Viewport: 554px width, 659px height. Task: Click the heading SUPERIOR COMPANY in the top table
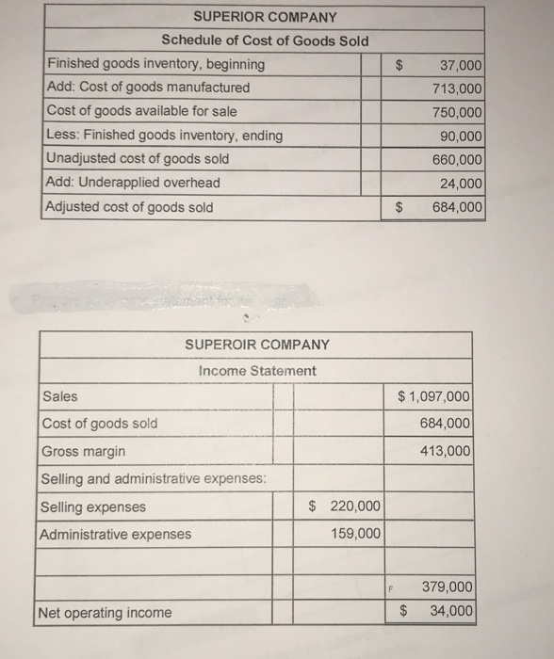click(264, 17)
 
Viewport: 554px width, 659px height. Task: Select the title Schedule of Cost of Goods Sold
click(265, 40)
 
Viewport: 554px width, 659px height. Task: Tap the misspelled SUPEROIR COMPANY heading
click(256, 345)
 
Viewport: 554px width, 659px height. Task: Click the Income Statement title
click(257, 371)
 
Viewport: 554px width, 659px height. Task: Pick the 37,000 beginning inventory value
click(461, 64)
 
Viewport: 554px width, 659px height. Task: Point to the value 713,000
click(457, 88)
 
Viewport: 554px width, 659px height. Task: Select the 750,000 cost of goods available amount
click(457, 111)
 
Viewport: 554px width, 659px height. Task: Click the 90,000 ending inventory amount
click(461, 136)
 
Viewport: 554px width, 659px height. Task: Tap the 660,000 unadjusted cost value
click(457, 159)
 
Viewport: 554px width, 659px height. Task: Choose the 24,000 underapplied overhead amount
click(461, 184)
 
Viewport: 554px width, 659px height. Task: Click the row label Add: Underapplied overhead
click(133, 183)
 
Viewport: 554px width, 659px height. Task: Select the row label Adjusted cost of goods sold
click(130, 207)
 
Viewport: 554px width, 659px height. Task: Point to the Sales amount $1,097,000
click(434, 396)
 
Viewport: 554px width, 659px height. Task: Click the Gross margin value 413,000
click(447, 451)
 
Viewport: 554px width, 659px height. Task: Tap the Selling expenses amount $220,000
click(345, 506)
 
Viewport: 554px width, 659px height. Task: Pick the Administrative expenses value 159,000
click(356, 534)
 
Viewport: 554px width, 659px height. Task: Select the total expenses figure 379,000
click(447, 587)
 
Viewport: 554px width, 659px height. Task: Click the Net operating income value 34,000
click(451, 612)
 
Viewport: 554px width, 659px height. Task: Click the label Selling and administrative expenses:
click(154, 479)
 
